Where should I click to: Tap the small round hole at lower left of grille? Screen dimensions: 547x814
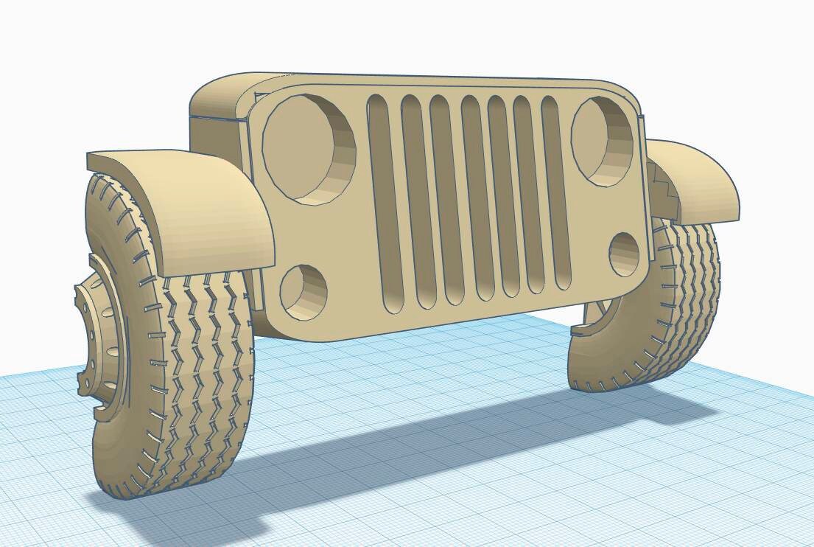(x=304, y=292)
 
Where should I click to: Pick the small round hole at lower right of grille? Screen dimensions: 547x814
(x=625, y=254)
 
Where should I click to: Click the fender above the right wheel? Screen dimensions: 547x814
(x=700, y=177)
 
